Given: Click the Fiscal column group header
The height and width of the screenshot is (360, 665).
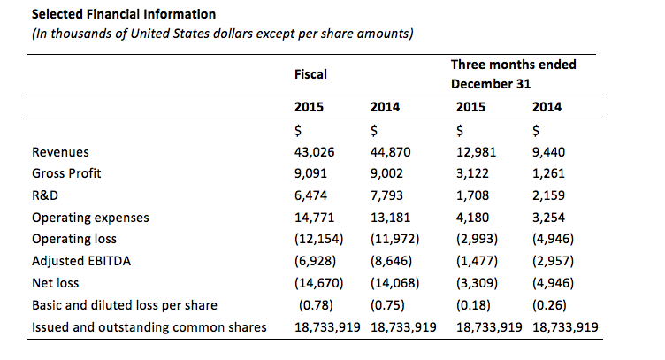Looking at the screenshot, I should [x=310, y=75].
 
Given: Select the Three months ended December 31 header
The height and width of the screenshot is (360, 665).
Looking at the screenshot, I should [x=513, y=74].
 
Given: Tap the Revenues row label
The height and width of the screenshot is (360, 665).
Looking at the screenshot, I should [x=60, y=151].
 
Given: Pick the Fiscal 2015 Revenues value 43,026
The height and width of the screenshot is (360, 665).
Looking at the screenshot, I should [x=314, y=151].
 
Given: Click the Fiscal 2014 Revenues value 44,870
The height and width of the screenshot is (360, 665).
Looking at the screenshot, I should [x=390, y=151].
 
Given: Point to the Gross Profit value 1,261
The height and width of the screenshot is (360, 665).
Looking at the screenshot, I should [x=549, y=173].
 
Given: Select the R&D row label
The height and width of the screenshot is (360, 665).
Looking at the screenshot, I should [x=44, y=195].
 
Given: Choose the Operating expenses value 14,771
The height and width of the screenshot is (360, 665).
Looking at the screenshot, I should [x=314, y=218].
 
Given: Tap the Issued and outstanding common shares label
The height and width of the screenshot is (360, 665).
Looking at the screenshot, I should [x=149, y=327].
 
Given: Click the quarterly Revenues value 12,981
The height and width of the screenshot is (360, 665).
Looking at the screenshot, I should [x=476, y=151].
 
